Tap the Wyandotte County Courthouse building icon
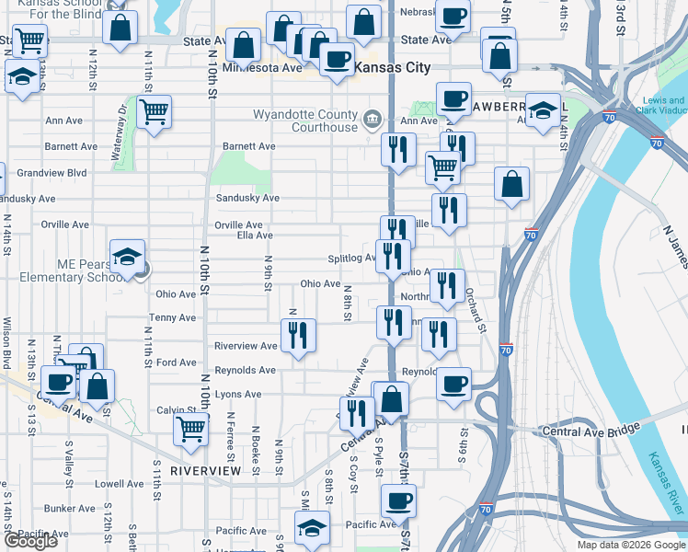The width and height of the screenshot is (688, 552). pyautogui.click(x=373, y=119)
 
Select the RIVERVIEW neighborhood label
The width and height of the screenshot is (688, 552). pyautogui.click(x=205, y=471)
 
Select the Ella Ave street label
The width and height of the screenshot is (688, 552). pyautogui.click(x=255, y=236)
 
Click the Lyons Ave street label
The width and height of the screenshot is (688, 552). pyautogui.click(x=238, y=395)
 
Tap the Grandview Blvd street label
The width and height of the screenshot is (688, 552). pyautogui.click(x=52, y=172)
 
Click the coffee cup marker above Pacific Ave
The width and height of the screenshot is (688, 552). pyautogui.click(x=398, y=500)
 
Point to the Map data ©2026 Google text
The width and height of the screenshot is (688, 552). pyautogui.click(x=631, y=545)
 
